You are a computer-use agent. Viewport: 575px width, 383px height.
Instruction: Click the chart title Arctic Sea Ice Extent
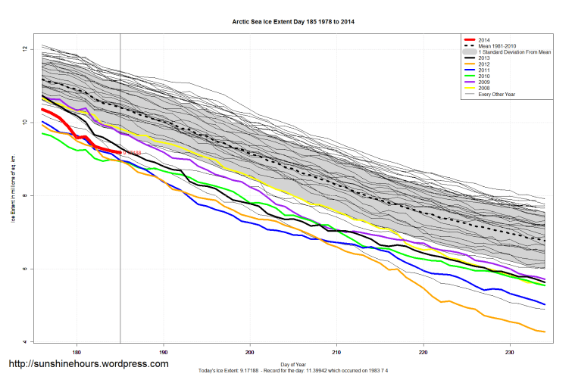[x=292, y=22]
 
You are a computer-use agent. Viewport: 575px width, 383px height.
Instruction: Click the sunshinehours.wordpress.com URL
[x=88, y=364]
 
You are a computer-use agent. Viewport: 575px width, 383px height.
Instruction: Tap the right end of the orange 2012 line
[x=544, y=332]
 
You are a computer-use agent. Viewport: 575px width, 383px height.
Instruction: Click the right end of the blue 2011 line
[x=544, y=304]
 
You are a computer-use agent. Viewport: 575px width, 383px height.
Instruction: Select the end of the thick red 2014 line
[x=120, y=152]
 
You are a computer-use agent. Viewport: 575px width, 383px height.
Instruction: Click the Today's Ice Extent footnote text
[x=292, y=371]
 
